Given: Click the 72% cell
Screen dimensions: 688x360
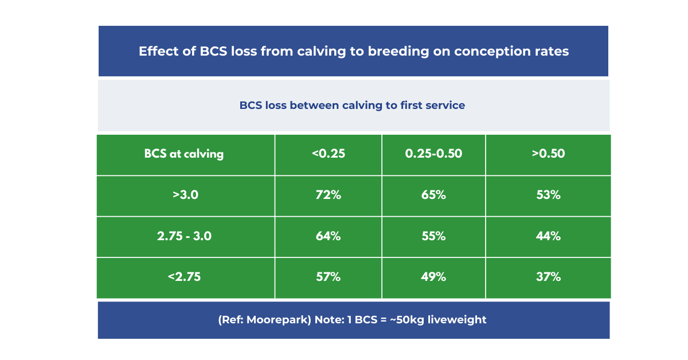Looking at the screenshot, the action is pyautogui.click(x=328, y=195).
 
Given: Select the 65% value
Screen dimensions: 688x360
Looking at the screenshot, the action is pyautogui.click(x=433, y=195).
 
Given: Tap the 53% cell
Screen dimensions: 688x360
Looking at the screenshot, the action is pyautogui.click(x=548, y=195).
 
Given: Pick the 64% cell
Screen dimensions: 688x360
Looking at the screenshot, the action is pyautogui.click(x=328, y=236).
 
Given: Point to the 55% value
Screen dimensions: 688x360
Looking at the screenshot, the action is pyautogui.click(x=433, y=236).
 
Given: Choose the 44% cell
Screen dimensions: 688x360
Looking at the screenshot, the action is pyautogui.click(x=548, y=236).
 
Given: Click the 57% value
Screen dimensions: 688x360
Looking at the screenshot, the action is pyautogui.click(x=328, y=277).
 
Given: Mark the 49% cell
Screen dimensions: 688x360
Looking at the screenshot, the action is pyautogui.click(x=433, y=277).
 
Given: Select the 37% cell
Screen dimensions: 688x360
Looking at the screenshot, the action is pyautogui.click(x=548, y=277).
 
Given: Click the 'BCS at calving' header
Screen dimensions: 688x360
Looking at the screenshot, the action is pyautogui.click(x=184, y=154).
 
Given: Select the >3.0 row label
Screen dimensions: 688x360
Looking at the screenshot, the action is pyautogui.click(x=185, y=195).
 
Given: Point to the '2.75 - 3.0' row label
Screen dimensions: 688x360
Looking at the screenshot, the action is pyautogui.click(x=184, y=236).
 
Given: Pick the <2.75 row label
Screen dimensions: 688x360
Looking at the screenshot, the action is pyautogui.click(x=184, y=277).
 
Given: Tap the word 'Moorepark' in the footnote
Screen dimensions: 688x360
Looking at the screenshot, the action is pyautogui.click(x=279, y=320).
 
